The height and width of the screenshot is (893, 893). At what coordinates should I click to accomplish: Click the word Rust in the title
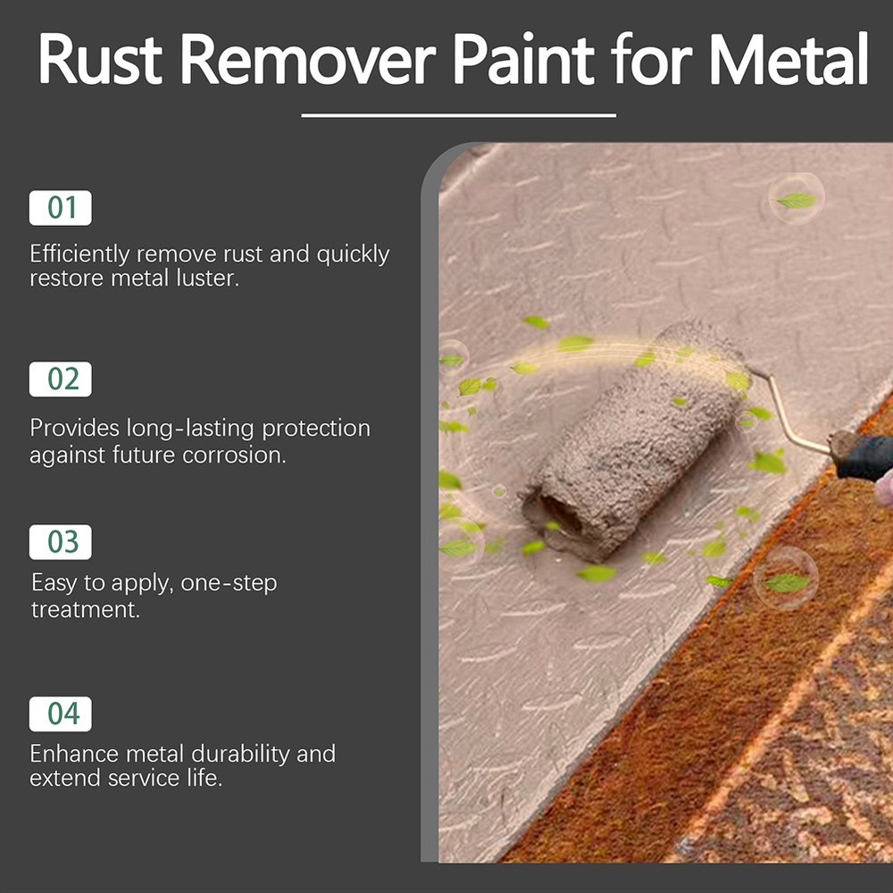tap(100, 61)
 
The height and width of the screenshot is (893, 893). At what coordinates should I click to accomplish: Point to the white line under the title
tap(459, 115)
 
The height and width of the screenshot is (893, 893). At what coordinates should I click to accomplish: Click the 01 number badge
tap(61, 208)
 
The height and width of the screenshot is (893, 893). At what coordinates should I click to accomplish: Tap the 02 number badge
tap(61, 379)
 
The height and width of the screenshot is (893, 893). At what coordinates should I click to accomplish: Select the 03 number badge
tap(61, 542)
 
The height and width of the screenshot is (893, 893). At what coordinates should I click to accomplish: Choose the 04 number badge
tap(61, 714)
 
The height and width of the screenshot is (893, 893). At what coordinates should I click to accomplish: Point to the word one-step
tap(229, 584)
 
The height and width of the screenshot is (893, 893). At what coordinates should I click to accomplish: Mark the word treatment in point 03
tap(86, 610)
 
